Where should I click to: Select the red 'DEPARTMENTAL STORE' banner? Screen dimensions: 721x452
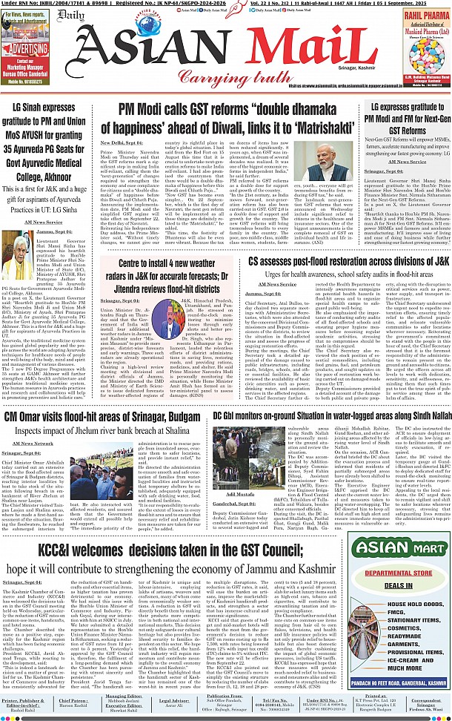pos(404,573)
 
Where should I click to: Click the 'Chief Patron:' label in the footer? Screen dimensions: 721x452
pos(73,699)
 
